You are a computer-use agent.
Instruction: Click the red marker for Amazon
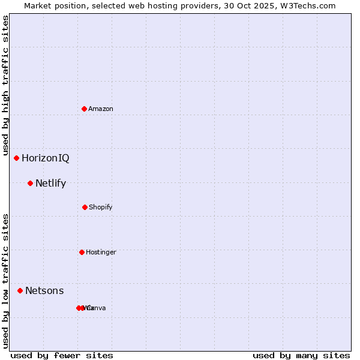(x=85, y=109)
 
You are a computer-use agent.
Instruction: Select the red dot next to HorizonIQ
(x=17, y=158)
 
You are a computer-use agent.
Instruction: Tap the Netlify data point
(x=30, y=183)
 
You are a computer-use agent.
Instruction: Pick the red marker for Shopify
(x=85, y=207)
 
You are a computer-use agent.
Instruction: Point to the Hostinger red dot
(x=82, y=252)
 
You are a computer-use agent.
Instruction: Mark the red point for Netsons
(x=20, y=290)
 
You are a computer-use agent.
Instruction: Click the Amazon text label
(x=101, y=109)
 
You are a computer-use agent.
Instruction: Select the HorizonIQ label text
(x=45, y=158)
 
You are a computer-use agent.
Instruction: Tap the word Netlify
(x=50, y=184)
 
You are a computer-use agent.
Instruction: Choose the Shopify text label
(x=101, y=207)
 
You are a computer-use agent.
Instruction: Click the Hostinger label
(x=101, y=252)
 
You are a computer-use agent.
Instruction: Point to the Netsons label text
(x=44, y=291)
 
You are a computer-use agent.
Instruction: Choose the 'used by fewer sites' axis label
(x=62, y=355)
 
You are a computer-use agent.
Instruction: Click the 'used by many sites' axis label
(x=301, y=355)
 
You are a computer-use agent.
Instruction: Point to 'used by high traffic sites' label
(x=5, y=85)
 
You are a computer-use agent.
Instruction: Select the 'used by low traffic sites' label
(x=5, y=281)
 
